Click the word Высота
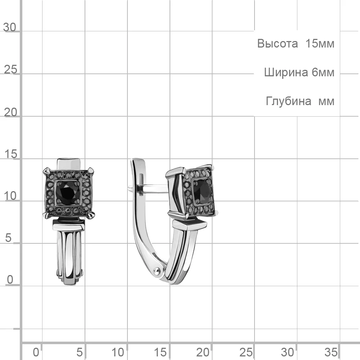pyautogui.click(x=277, y=44)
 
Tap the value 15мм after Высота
pyautogui.click(x=320, y=44)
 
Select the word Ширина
pyautogui.click(x=286, y=73)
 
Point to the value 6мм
pyautogui.click(x=323, y=73)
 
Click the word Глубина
pyautogui.click(x=289, y=101)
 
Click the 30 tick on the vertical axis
pyautogui.click(x=10, y=27)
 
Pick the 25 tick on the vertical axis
pyautogui.click(x=10, y=69)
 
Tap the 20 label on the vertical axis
pyautogui.click(x=10, y=112)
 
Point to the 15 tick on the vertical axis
pyautogui.click(x=10, y=154)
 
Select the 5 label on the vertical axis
pyautogui.click(x=8, y=238)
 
